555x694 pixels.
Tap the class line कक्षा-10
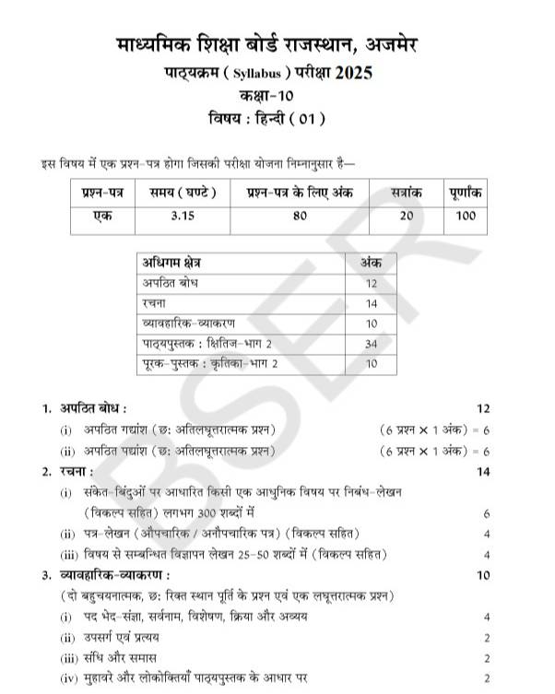click(x=278, y=95)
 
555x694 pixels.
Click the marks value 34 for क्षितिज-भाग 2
click(x=372, y=344)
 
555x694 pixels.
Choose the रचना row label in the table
click(x=152, y=302)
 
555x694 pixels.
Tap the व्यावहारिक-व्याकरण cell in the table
click(x=184, y=323)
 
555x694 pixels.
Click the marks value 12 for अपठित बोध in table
click(x=372, y=282)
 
